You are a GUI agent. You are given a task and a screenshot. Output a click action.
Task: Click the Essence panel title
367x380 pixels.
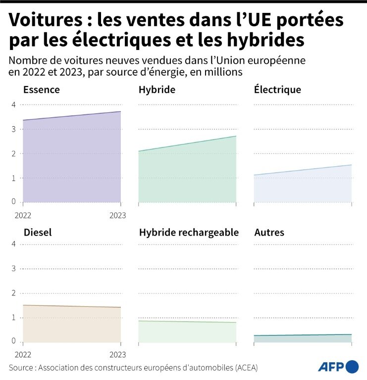coord(42,90)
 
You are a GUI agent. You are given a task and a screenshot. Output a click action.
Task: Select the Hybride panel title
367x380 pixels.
coord(157,90)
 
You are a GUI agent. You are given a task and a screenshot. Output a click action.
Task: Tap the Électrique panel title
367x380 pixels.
coord(277,90)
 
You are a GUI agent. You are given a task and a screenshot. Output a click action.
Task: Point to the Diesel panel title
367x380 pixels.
coord(37,232)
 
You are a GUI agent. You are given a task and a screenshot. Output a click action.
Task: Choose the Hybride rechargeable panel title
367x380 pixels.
coord(189,233)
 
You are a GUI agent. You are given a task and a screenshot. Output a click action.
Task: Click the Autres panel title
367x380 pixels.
coord(269,232)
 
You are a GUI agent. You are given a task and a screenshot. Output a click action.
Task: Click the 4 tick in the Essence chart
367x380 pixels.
coord(14,105)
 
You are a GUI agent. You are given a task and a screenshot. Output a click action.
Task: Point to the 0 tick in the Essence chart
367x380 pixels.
coord(14,202)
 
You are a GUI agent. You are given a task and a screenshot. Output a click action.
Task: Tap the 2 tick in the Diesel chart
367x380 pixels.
coord(14,293)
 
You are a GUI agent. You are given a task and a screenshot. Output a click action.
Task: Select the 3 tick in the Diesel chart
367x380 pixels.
coord(14,269)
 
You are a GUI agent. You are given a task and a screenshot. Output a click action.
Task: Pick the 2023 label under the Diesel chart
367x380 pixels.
coord(118,355)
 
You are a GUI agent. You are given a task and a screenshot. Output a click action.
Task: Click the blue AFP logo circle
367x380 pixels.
coord(352,367)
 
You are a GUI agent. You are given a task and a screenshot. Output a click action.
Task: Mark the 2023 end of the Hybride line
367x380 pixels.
coord(236,136)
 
